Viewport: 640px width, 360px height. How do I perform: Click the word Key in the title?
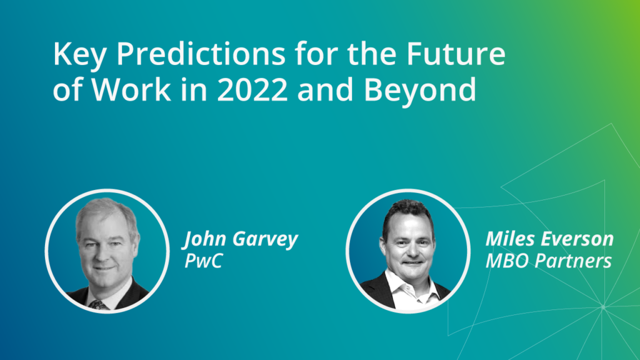click(x=79, y=54)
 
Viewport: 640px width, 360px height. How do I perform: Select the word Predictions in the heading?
click(x=201, y=54)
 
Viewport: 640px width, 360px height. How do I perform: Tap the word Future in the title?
click(x=456, y=54)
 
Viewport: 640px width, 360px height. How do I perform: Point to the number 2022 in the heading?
click(x=252, y=90)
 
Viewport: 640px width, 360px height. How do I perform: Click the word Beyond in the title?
click(x=420, y=90)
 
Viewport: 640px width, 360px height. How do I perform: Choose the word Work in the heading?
click(x=131, y=90)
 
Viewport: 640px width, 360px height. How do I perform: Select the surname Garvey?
click(x=265, y=239)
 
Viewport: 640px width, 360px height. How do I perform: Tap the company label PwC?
click(x=204, y=261)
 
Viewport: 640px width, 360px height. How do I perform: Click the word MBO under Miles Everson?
click(x=507, y=261)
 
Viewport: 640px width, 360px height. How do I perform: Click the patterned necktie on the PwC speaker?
click(x=98, y=304)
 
